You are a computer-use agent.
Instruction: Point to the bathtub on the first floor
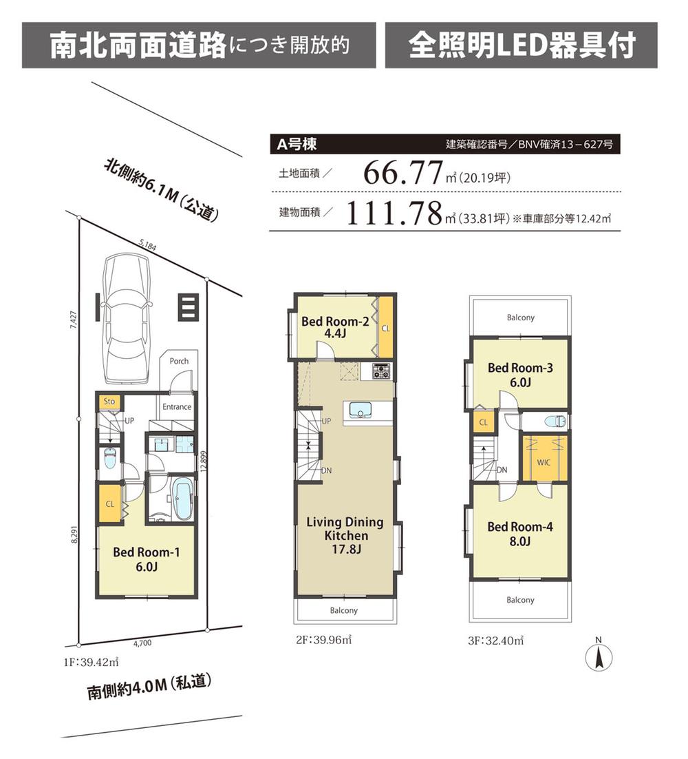(x=182, y=497)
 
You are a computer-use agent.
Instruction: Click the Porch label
(x=179, y=361)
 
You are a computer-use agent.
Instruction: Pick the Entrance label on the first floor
(x=177, y=406)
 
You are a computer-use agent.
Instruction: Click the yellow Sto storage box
(x=109, y=401)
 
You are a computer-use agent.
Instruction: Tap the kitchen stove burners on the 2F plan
(x=381, y=371)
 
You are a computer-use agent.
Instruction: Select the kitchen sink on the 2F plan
(x=359, y=409)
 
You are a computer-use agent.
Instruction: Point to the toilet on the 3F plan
(x=555, y=421)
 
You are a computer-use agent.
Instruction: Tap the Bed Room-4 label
(x=519, y=534)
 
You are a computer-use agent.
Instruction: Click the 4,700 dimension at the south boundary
(x=142, y=643)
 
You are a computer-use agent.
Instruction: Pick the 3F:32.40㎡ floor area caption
(x=495, y=640)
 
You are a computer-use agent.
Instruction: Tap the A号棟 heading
(x=297, y=145)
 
